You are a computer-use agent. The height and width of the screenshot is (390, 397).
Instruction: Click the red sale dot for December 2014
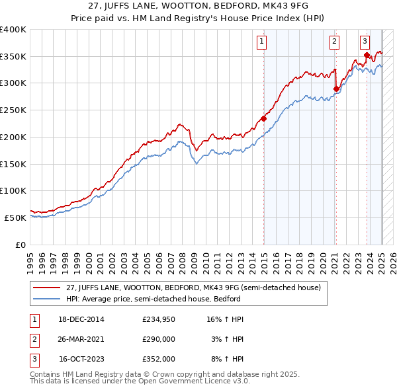pos(263,119)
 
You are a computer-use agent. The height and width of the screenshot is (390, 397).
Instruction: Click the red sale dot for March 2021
pos(336,89)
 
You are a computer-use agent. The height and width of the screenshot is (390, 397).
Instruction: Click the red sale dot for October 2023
pos(367,56)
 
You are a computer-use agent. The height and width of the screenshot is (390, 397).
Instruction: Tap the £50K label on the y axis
pos(15,217)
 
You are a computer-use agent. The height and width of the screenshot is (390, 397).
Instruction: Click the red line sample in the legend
pos(46,288)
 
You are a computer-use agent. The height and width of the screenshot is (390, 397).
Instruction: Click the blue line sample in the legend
pos(46,298)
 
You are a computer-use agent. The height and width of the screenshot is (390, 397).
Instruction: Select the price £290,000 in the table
pos(158,339)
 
